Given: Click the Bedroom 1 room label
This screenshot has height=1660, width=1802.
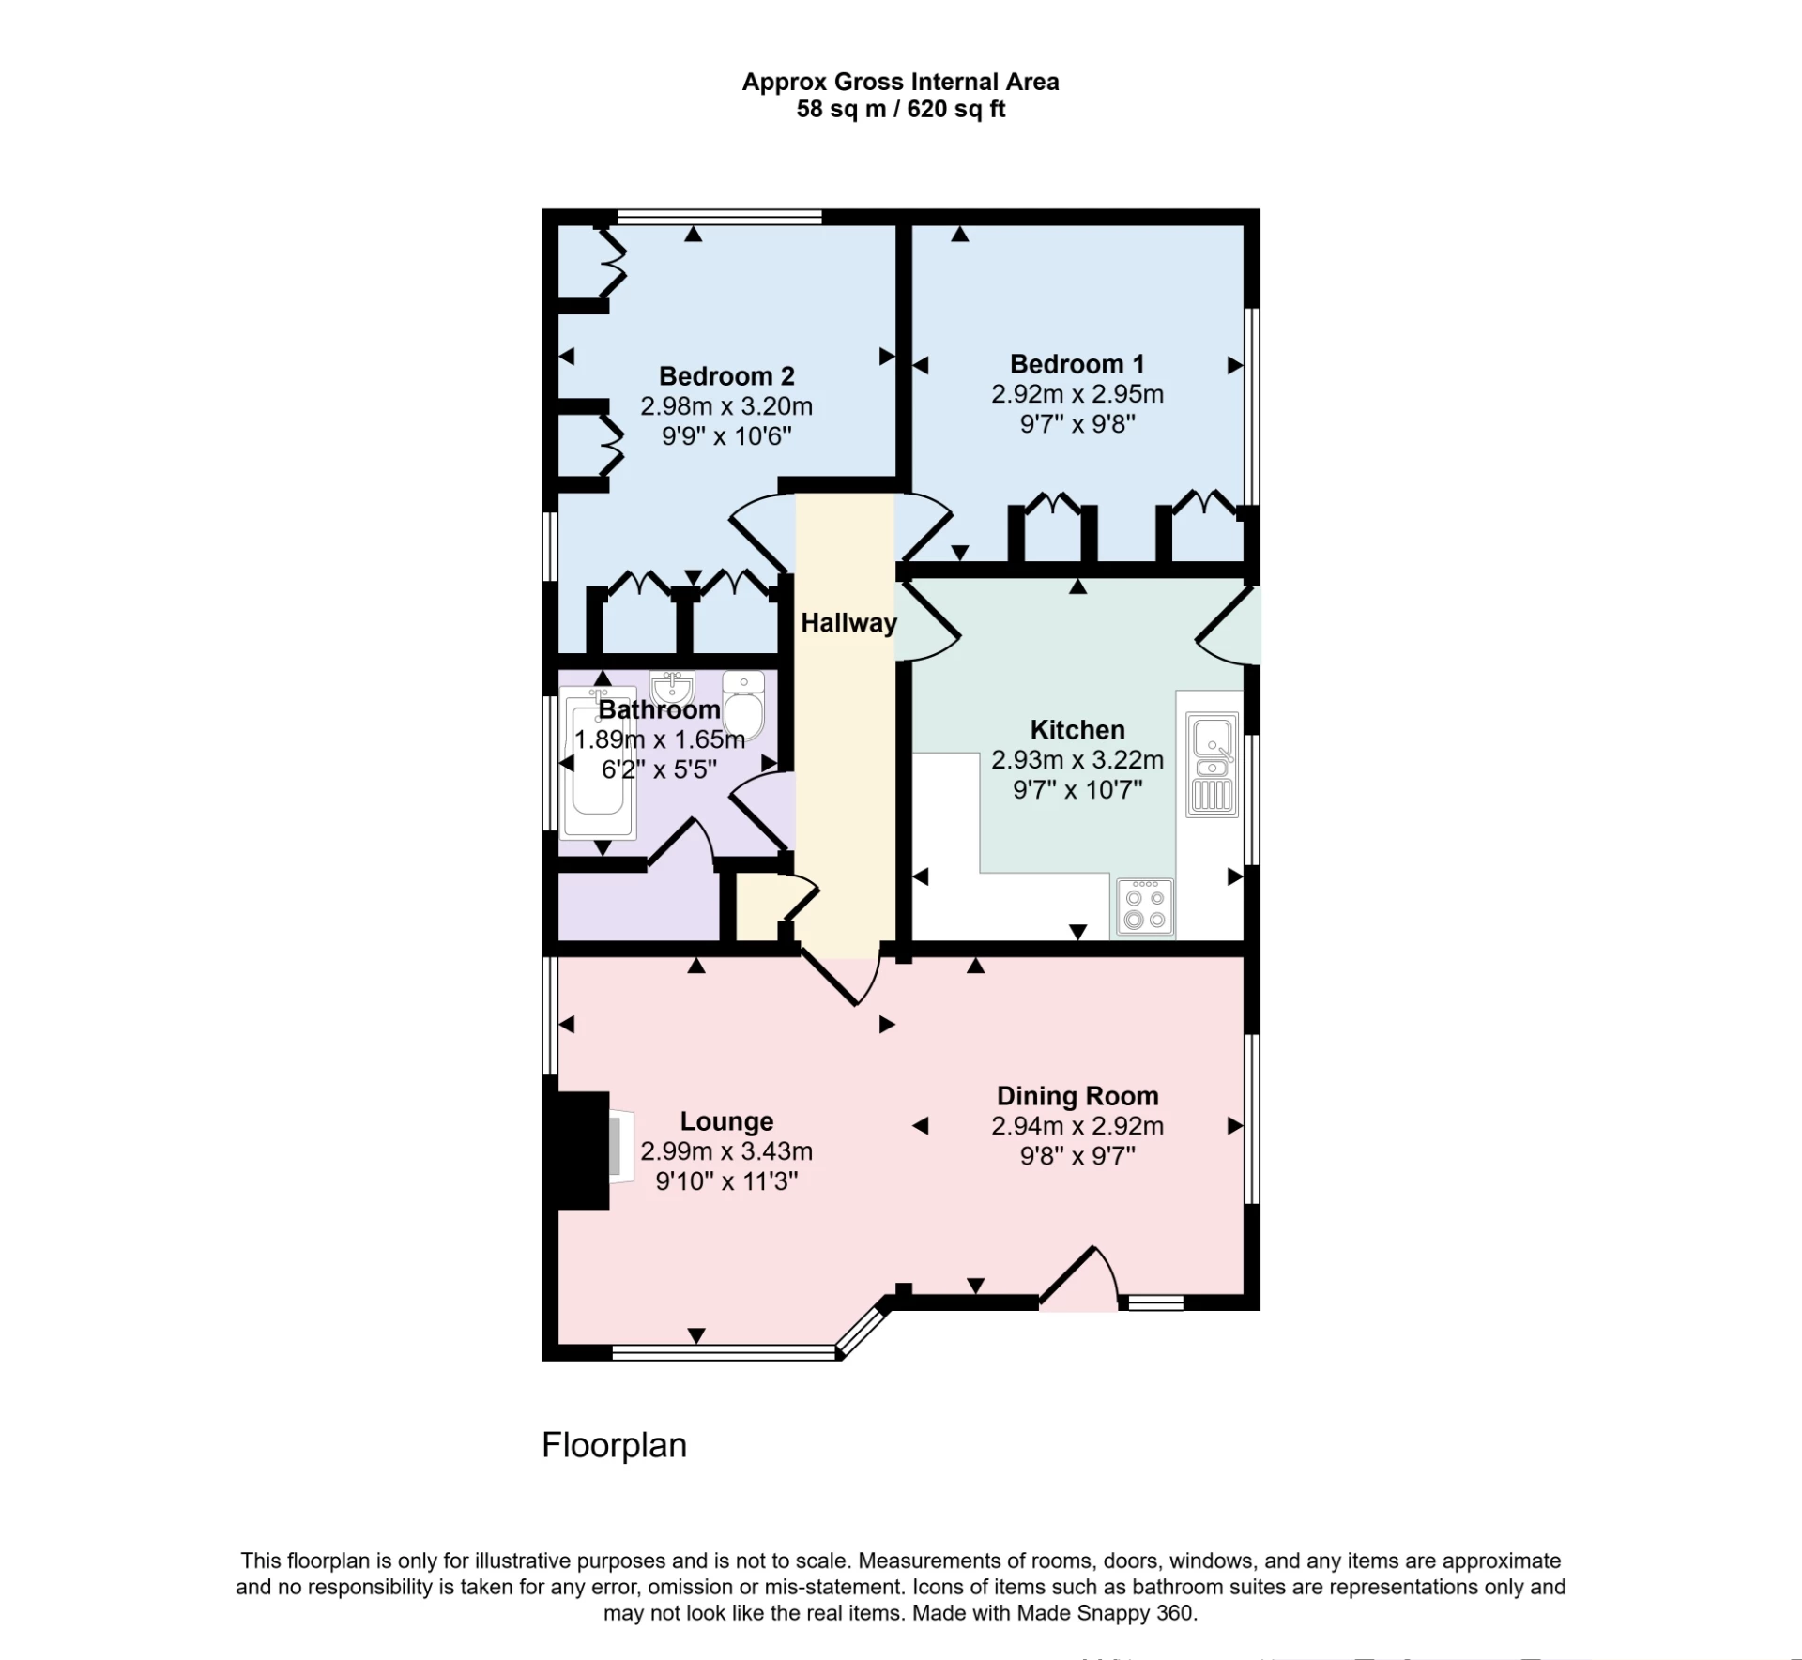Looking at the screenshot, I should click(1077, 363).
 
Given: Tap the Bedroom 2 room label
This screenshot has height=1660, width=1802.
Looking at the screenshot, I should click(726, 375).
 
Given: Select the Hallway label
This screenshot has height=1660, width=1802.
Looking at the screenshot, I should click(848, 622).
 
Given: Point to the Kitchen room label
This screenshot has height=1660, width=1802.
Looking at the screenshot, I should click(1077, 729).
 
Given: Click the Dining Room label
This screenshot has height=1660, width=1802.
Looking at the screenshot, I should click(1077, 1095).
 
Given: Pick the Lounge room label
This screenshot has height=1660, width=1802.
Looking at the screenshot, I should click(726, 1120).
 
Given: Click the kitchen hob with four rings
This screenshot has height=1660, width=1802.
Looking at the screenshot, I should click(1145, 906).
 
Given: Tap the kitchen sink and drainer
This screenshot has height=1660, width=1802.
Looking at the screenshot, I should click(1212, 764).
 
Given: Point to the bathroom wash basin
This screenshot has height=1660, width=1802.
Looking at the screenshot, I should click(672, 688).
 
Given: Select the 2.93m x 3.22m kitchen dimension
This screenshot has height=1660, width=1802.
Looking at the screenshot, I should click(1077, 759).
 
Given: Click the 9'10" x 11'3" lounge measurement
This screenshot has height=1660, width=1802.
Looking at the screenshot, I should click(726, 1180).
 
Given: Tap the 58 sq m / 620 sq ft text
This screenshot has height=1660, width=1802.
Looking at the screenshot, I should click(900, 109).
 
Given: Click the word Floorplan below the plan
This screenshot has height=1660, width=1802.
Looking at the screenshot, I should click(614, 1444).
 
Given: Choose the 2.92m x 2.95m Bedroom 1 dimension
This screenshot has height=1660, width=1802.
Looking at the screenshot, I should click(1077, 393).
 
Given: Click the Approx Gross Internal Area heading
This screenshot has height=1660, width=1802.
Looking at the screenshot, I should click(900, 82).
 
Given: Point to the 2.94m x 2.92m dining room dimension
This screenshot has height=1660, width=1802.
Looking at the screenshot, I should click(1077, 1125).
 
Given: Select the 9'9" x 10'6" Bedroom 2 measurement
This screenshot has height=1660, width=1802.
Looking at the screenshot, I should click(726, 435).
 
